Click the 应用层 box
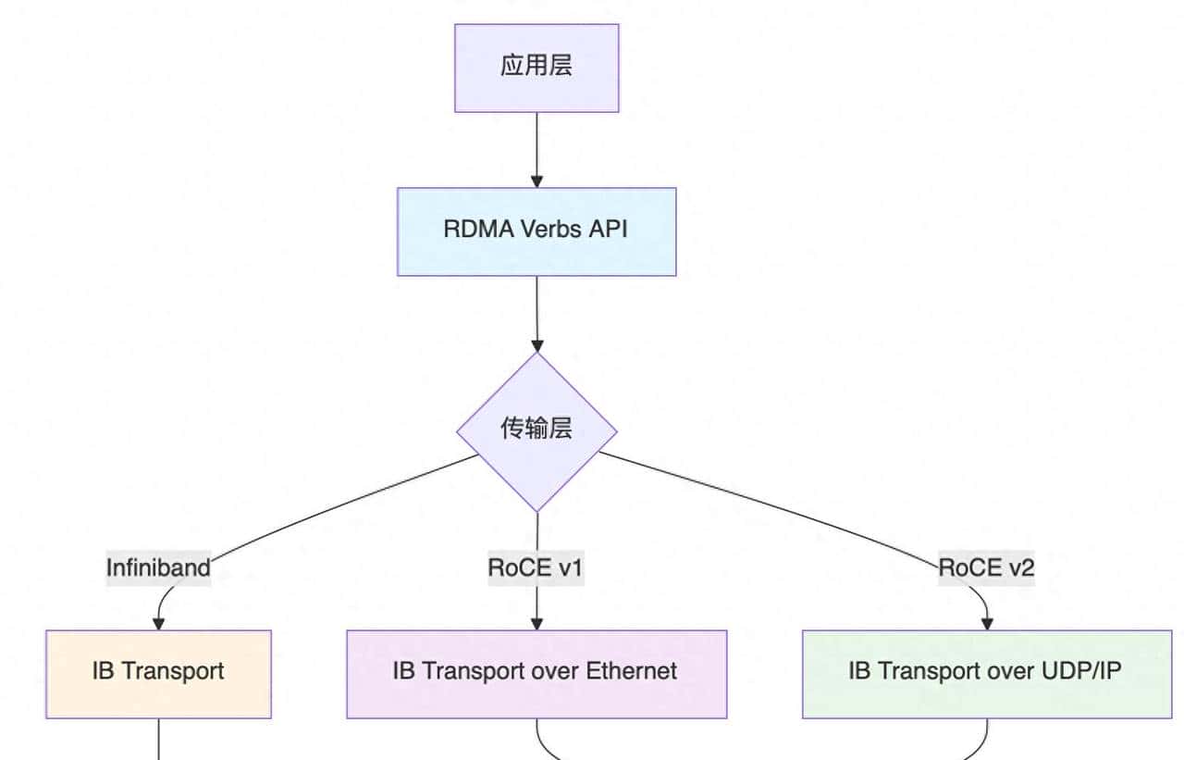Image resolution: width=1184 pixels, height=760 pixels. point(536,68)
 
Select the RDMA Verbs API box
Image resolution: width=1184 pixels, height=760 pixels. point(536,231)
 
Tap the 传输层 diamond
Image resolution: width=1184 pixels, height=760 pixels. point(536,430)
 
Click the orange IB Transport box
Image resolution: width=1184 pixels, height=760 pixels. point(158,673)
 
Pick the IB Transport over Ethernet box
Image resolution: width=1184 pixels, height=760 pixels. point(536,673)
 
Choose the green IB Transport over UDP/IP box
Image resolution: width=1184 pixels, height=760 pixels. point(986,673)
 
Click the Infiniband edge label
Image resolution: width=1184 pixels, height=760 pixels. point(158,567)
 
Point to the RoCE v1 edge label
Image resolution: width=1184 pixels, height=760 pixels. point(536,567)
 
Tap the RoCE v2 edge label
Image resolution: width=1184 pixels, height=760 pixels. point(986,567)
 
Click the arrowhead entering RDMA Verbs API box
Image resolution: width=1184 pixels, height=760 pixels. point(536,181)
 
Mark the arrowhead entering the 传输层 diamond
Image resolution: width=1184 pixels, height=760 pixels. point(536,346)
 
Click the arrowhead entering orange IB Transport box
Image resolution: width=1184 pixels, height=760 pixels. point(158,623)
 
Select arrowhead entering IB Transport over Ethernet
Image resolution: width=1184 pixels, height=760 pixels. point(536,623)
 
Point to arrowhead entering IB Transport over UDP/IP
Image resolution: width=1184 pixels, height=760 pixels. point(986,623)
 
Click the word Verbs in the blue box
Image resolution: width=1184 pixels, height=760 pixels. point(551,229)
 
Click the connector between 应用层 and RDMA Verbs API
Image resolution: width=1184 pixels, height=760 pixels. point(536,143)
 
